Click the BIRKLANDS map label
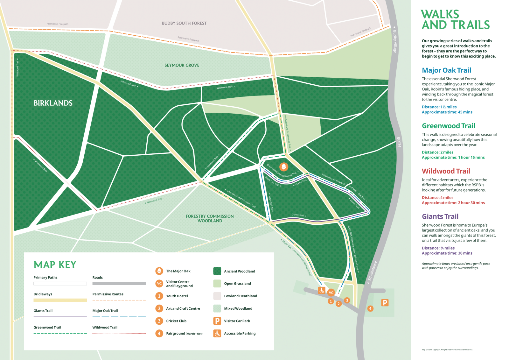click(53, 103)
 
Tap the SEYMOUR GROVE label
click(182, 65)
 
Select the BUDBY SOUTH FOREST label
click(184, 23)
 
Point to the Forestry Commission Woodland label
click(210, 218)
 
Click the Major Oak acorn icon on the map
click(284, 166)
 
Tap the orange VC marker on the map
click(331, 293)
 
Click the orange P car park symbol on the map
click(385, 303)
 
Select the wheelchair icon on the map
click(322, 291)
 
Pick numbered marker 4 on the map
click(370, 308)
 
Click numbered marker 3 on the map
click(347, 300)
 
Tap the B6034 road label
click(399, 142)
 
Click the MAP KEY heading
click(55, 265)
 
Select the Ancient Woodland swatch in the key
click(217, 271)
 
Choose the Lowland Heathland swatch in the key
click(217, 296)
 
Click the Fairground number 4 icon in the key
click(159, 333)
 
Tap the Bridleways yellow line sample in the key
click(60, 300)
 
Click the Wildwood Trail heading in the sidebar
click(446, 171)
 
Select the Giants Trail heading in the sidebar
click(440, 216)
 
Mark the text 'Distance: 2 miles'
click(437, 152)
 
